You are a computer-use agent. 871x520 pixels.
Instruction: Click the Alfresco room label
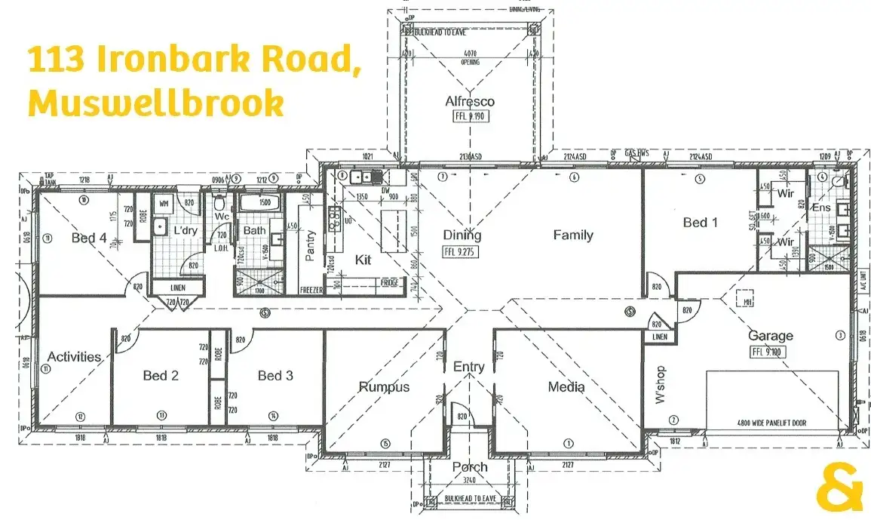(470, 101)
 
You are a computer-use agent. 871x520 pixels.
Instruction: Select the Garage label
(770, 336)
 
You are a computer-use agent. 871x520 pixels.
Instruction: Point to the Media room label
(566, 387)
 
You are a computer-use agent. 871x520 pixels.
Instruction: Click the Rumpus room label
(384, 387)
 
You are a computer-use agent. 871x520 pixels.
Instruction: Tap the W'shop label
(661, 385)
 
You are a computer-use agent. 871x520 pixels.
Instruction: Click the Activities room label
(74, 356)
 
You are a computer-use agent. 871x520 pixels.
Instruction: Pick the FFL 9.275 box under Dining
(461, 253)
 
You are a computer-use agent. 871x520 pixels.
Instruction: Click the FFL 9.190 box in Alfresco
(469, 117)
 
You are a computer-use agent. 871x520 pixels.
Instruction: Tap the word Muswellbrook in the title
(156, 103)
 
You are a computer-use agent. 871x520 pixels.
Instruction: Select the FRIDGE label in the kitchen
(390, 282)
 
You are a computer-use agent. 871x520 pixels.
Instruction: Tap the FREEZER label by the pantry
(311, 290)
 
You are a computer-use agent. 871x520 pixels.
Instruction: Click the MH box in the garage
(747, 302)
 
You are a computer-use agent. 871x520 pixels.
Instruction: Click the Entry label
(468, 367)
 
